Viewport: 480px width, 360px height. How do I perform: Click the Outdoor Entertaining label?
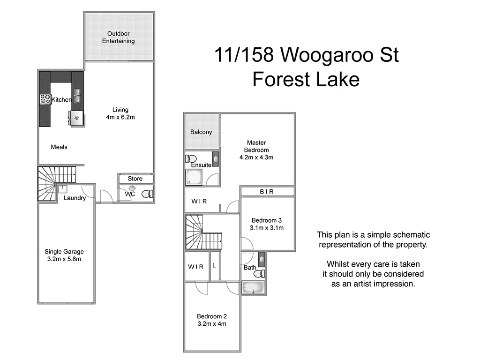119,37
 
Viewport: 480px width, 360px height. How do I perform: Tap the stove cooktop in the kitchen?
45,99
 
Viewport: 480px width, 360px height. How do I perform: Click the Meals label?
59,147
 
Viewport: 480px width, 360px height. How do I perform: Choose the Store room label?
135,179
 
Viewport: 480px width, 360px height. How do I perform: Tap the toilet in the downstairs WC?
147,194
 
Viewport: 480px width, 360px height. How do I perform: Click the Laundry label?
75,198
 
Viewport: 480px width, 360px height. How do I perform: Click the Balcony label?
201,132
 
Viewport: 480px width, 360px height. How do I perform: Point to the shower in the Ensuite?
194,177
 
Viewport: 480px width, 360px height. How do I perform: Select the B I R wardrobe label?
267,192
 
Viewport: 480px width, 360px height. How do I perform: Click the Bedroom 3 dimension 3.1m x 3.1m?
267,228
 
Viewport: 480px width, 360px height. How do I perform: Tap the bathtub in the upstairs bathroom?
254,288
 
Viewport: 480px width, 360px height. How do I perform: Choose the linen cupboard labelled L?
214,266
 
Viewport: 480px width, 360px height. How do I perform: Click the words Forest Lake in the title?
306,79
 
